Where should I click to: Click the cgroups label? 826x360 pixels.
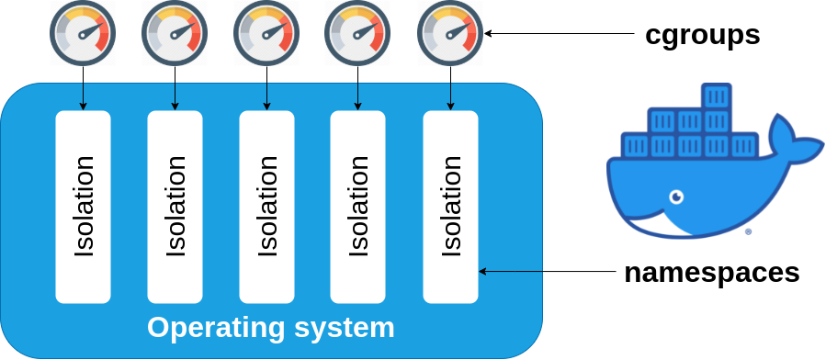click(702, 35)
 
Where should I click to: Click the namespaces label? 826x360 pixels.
click(711, 272)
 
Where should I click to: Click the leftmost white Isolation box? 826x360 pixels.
click(83, 207)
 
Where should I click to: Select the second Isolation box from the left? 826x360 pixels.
click(175, 207)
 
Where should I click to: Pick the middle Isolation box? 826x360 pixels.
click(266, 207)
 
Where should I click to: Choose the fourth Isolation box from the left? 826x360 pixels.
click(358, 207)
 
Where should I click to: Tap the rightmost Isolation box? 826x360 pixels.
click(450, 207)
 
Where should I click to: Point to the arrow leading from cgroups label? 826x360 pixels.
click(560, 34)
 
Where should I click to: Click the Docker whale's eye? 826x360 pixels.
click(676, 197)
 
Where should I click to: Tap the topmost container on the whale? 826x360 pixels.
click(716, 96)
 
